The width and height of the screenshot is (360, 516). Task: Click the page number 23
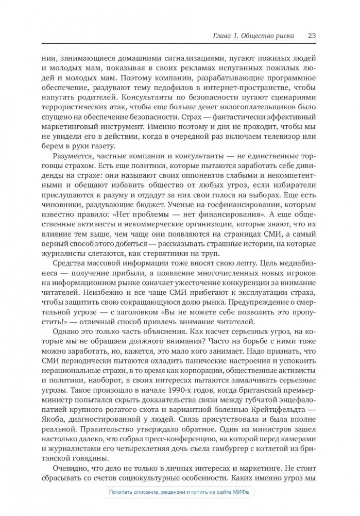tap(311, 36)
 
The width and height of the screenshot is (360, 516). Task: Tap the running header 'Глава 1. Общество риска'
tap(253, 36)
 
